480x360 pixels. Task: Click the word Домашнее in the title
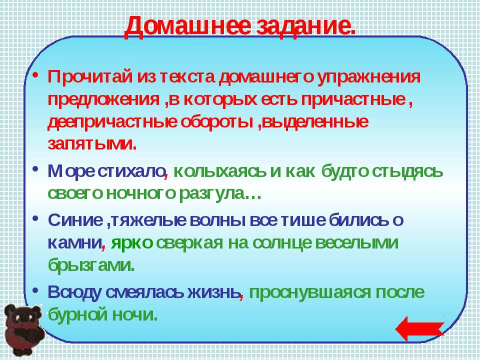[x=187, y=27]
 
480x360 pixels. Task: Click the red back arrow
[x=419, y=328]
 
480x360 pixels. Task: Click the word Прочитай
[x=90, y=76]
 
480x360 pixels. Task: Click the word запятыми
[x=92, y=144]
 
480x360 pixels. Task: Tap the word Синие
[x=75, y=220]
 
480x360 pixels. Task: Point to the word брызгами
[x=91, y=265]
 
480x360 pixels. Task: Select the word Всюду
[x=74, y=292]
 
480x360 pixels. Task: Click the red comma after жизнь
[x=241, y=296]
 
